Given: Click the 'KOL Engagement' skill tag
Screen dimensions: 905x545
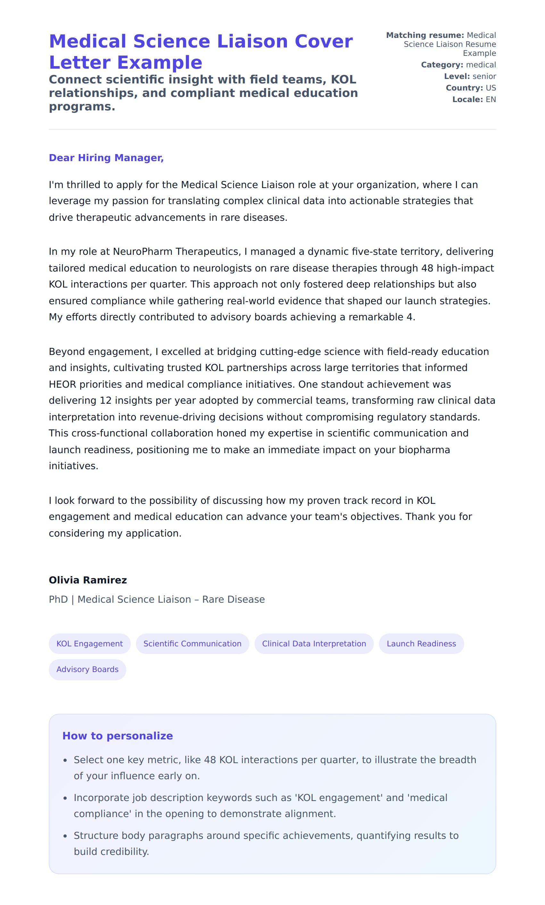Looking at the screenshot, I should pos(89,643).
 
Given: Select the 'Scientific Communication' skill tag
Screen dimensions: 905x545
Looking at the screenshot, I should pos(192,643).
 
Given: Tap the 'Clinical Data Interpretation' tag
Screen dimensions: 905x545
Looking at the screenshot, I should pos(314,643).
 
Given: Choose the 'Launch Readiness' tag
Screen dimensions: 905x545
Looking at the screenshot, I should pos(421,643).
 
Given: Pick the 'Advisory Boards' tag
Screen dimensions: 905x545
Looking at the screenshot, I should pos(87,669).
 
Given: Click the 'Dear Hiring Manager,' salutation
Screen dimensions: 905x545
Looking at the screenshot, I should pos(106,158).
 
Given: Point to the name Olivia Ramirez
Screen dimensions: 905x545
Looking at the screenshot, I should pos(88,580).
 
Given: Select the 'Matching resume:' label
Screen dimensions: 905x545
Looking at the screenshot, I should pos(425,35).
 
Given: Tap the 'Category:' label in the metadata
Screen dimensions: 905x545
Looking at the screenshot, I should pos(442,65).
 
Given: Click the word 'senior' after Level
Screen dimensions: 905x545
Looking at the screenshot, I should pos(484,76).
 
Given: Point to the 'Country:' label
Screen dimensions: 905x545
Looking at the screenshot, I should pos(464,88).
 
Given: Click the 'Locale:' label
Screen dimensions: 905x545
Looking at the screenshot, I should pos(467,99).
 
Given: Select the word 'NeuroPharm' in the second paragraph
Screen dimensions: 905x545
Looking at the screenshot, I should pos(142,252).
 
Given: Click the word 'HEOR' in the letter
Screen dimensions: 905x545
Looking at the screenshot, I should pos(63,384).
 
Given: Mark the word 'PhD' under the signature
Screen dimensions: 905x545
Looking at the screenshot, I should pos(58,599).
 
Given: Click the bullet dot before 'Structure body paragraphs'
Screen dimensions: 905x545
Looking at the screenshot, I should pos(65,836).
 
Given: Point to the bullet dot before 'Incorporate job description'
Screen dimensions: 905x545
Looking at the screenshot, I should pos(65,798).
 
